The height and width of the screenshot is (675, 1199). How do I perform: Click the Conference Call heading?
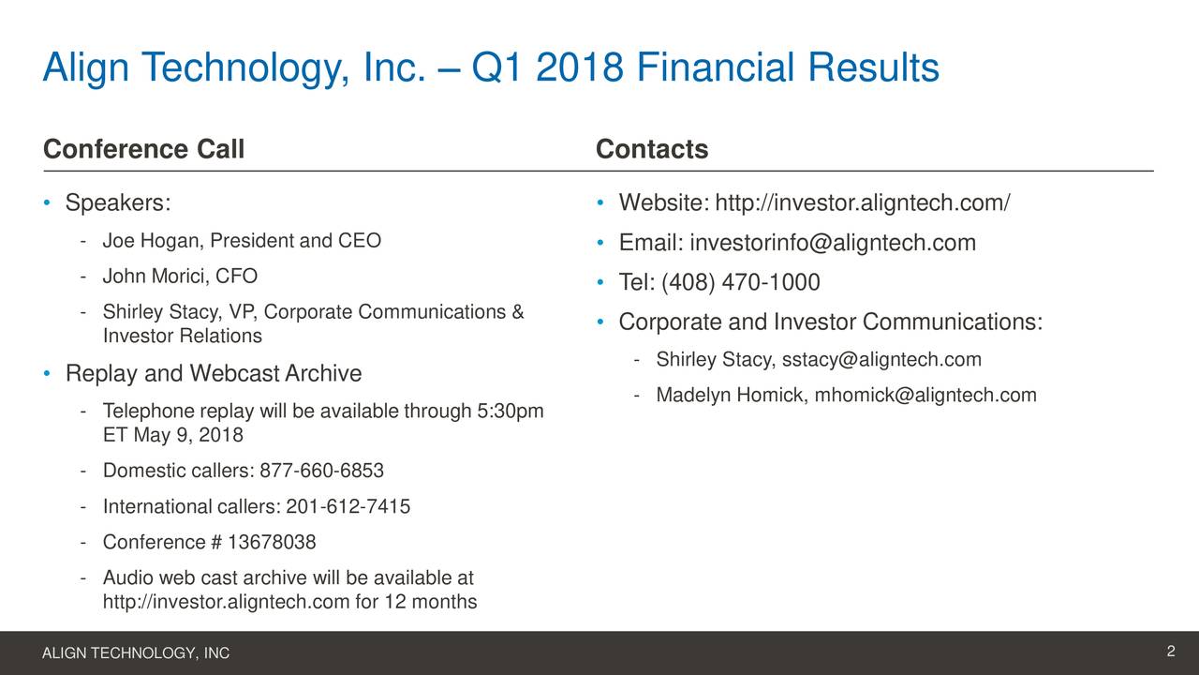tap(143, 150)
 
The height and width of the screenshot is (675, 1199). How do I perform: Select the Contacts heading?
tap(652, 150)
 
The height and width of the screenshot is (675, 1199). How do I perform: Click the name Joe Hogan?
tap(151, 241)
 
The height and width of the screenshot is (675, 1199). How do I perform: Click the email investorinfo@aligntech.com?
tap(833, 244)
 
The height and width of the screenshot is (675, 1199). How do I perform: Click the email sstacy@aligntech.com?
tap(881, 361)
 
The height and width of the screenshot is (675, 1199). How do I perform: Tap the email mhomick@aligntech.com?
tap(925, 396)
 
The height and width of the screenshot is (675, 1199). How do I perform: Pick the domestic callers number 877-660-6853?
tap(322, 471)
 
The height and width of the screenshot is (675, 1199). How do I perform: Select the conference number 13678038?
tap(272, 543)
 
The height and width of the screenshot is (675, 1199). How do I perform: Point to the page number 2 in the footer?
tap(1171, 652)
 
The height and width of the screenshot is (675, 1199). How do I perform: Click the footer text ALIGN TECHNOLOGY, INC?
tap(136, 653)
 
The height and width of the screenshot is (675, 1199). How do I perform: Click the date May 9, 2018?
tap(188, 436)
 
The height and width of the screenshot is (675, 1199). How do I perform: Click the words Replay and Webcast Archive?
tap(213, 375)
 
